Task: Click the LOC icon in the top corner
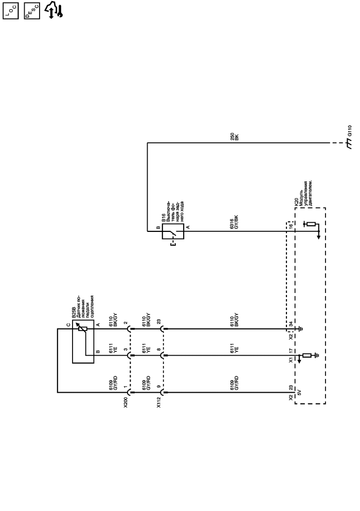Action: (10, 10)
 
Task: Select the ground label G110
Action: (350, 130)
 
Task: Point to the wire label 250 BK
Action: (234, 137)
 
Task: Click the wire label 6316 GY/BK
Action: (234, 221)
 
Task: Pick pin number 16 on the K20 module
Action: (291, 226)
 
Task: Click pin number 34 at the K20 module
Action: (291, 323)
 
